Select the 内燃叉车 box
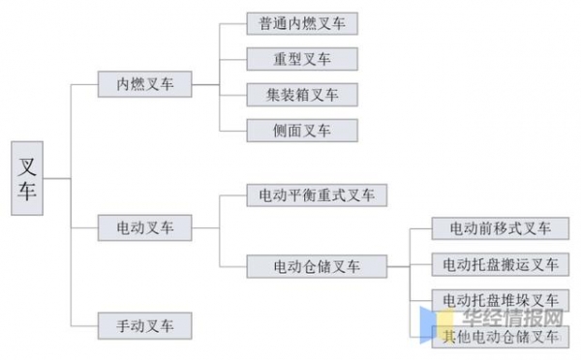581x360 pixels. tap(144, 84)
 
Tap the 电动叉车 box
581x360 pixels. tap(144, 228)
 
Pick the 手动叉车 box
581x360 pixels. tap(144, 324)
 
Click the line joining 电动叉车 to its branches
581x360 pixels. tap(206, 228)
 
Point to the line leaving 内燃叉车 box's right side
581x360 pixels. tap(206, 84)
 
